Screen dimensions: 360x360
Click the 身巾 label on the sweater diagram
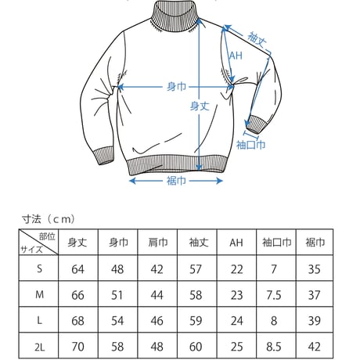pos(176,87)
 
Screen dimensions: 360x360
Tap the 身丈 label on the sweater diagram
pos(200,106)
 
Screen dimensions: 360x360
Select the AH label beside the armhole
pos(236,56)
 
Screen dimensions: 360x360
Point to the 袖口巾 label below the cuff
pos(250,145)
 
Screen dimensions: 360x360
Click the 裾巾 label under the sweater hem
pos(176,181)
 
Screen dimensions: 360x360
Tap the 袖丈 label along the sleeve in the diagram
pos(257,40)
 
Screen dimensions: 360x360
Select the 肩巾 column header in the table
pos(157,243)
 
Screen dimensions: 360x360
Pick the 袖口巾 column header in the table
pos(276,243)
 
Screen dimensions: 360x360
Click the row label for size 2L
pos(39,347)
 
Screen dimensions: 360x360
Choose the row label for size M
pos(39,295)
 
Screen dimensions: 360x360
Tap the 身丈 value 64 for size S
pos(77,269)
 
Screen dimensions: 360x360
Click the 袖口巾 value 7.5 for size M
pos(274,295)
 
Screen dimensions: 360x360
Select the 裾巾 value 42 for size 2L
pos(315,347)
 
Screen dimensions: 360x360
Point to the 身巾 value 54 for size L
pos(117,321)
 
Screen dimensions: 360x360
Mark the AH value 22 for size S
pos(236,269)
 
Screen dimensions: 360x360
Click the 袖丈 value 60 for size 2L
pos(196,347)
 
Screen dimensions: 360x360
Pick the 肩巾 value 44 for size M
pos(157,295)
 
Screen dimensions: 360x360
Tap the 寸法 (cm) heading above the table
pos(49,219)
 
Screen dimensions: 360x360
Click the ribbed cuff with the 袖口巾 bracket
pos(257,124)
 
